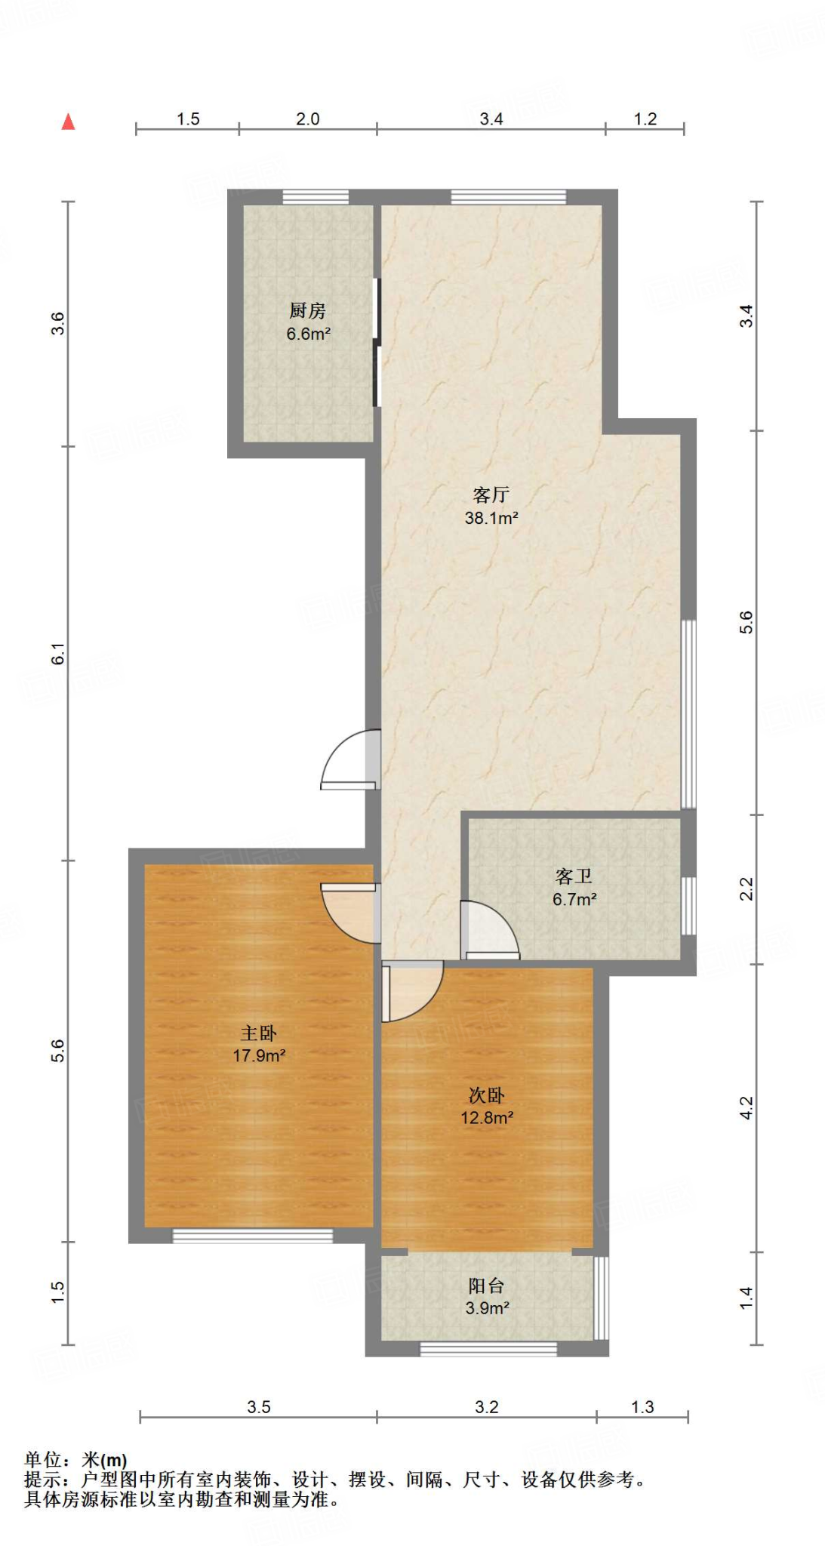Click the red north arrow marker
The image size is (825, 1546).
(68, 122)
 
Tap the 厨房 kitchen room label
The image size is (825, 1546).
(307, 310)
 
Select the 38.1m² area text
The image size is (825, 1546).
(491, 518)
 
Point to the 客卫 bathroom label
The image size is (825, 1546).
(574, 876)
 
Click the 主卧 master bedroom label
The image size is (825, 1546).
(258, 1033)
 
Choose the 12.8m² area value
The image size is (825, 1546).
(487, 1118)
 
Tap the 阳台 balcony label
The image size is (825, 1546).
(486, 1286)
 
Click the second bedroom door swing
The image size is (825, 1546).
(411, 990)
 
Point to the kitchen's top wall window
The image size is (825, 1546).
(316, 197)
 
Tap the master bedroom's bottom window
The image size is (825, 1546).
(252, 1236)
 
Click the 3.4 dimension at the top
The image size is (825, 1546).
(491, 119)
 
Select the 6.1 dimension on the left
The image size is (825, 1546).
(58, 654)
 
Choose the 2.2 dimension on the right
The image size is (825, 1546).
(746, 889)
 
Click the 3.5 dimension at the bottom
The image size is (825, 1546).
(258, 1407)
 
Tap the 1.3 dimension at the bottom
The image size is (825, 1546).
(642, 1407)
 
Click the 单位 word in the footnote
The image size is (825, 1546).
(43, 1460)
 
